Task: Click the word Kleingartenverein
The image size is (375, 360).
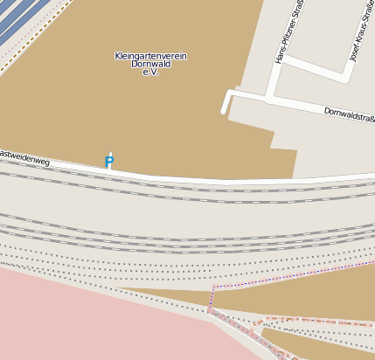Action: point(150,56)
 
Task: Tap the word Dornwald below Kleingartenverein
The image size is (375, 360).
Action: point(150,64)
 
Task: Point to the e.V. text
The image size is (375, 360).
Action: point(150,72)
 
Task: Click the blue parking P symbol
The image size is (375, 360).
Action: point(109,162)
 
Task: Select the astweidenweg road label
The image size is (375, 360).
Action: point(24,157)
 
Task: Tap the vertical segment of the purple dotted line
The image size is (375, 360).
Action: point(212,297)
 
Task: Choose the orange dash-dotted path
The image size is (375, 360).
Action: point(315,321)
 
